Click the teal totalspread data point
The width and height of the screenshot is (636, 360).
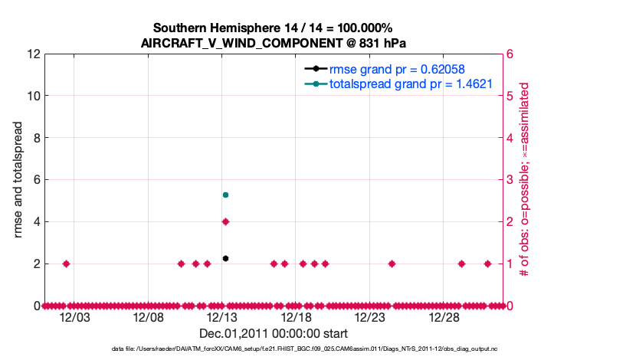click(225, 195)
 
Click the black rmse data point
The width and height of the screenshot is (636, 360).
click(225, 258)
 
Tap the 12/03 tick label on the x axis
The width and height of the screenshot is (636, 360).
click(74, 317)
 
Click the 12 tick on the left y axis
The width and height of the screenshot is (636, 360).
click(32, 54)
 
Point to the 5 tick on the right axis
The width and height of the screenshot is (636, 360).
click(508, 97)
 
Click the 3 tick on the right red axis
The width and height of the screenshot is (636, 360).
click(508, 180)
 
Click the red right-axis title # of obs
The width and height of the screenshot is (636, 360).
click(525, 180)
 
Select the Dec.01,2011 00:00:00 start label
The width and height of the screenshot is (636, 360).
click(274, 333)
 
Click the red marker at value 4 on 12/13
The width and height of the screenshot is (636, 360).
click(225, 221)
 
